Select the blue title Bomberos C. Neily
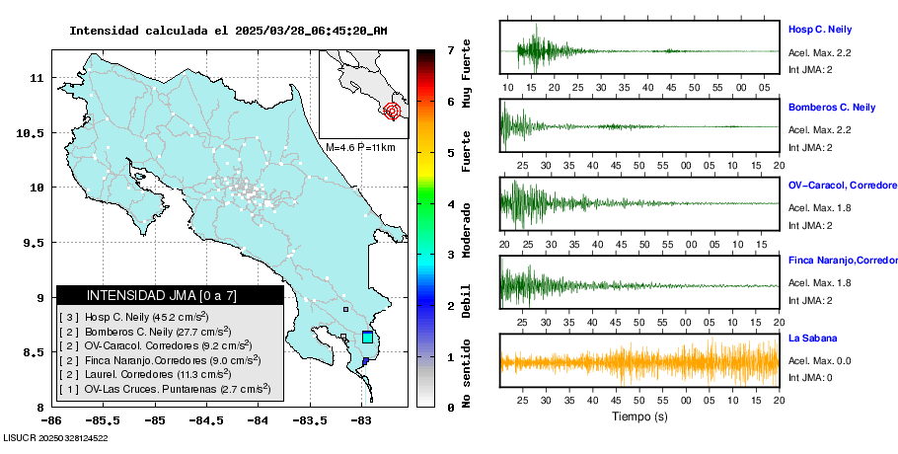pos(832,107)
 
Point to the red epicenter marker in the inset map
pos(393,111)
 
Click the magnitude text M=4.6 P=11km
pos(360,147)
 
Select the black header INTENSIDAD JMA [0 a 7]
pos(170,295)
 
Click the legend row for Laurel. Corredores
pos(147,375)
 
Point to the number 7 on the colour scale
pos(449,49)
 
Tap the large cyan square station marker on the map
pos(368,338)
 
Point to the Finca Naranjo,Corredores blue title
pos(842,261)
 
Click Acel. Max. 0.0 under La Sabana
pos(819,361)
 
